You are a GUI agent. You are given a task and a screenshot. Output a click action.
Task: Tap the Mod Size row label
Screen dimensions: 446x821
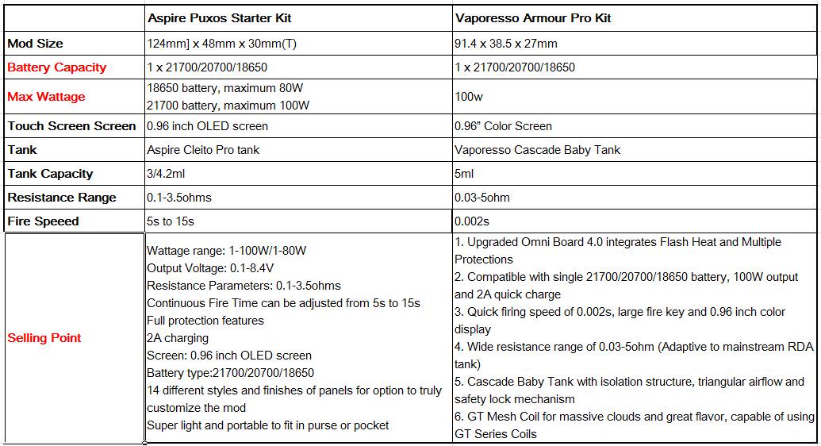pyautogui.click(x=35, y=44)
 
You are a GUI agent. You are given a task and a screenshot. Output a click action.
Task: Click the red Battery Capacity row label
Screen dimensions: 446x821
pyautogui.click(x=56, y=67)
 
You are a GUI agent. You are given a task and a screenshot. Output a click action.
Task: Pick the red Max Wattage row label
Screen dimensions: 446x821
pyautogui.click(x=46, y=97)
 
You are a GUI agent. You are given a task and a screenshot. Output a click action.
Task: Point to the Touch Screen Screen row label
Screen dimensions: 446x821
pyautogui.click(x=71, y=126)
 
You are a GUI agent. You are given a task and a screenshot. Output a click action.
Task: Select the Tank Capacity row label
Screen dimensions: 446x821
pyautogui.click(x=50, y=174)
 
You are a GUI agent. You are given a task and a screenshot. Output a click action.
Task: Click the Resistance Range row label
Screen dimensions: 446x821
pyautogui.click(x=61, y=198)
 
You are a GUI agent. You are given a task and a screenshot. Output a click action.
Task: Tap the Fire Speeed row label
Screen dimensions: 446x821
pyautogui.click(x=43, y=221)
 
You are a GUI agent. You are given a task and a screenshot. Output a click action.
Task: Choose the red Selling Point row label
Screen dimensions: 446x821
pyautogui.click(x=44, y=338)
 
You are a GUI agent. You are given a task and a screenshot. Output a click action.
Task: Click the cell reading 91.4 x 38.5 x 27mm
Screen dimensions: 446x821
pyautogui.click(x=506, y=44)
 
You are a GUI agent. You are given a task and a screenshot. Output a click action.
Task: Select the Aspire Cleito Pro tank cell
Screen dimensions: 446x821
pyautogui.click(x=203, y=150)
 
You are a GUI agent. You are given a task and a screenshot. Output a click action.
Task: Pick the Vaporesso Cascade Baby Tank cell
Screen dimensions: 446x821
pyautogui.click(x=538, y=150)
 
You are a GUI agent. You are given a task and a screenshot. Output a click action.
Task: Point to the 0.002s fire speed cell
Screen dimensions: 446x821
pyautogui.click(x=471, y=221)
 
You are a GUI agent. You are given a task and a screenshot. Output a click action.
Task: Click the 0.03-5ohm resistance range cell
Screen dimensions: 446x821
pyautogui.click(x=482, y=198)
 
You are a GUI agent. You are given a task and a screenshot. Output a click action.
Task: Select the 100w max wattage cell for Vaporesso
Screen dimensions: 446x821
pyautogui.click(x=468, y=97)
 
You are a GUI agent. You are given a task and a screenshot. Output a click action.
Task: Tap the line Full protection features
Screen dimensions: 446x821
pyautogui.click(x=205, y=321)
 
